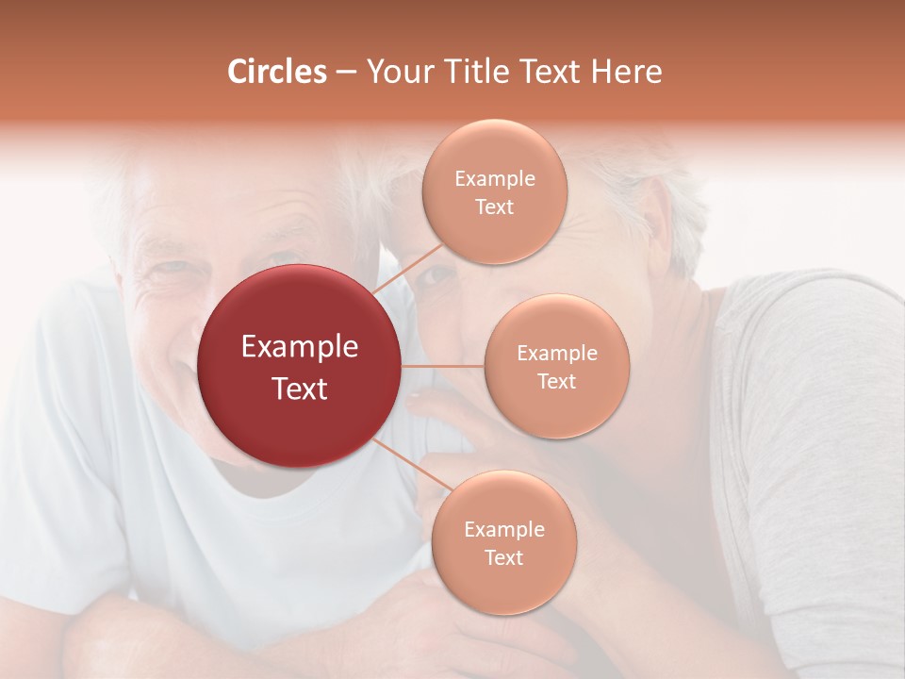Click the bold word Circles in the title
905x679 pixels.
(x=276, y=72)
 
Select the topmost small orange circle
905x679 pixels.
(x=495, y=191)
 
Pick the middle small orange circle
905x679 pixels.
(x=556, y=366)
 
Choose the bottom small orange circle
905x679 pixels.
(x=503, y=542)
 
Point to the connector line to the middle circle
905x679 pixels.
(x=443, y=366)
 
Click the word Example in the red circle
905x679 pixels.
(x=300, y=347)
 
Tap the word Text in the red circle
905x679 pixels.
(x=300, y=389)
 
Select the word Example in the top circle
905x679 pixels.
(x=495, y=179)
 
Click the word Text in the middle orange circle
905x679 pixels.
(x=556, y=381)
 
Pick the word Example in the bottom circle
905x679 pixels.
(x=503, y=530)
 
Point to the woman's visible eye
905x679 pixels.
(x=436, y=277)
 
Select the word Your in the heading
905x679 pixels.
(x=395, y=72)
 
